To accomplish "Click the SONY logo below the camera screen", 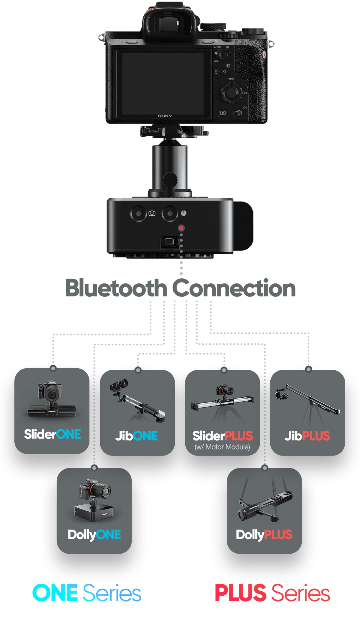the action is tap(165, 116).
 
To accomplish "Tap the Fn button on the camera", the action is tap(223, 72).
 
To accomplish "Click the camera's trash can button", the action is tap(238, 113).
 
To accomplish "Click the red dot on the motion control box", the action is tap(181, 228).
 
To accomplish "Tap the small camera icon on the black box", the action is tap(152, 213).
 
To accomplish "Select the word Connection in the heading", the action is tap(234, 288).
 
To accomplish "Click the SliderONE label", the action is tap(52, 434).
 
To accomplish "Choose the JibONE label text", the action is tap(136, 436).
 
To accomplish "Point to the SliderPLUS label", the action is tap(223, 436).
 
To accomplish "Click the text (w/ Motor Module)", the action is tap(222, 447).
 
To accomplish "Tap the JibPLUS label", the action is tap(307, 436).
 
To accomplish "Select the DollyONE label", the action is tap(94, 535).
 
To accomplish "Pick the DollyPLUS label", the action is tap(264, 535).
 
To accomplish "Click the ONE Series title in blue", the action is tap(87, 593).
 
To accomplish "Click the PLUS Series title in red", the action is tap(272, 593).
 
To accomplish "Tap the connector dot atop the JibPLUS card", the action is tap(308, 369).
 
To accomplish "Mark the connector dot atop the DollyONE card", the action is tap(94, 468).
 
